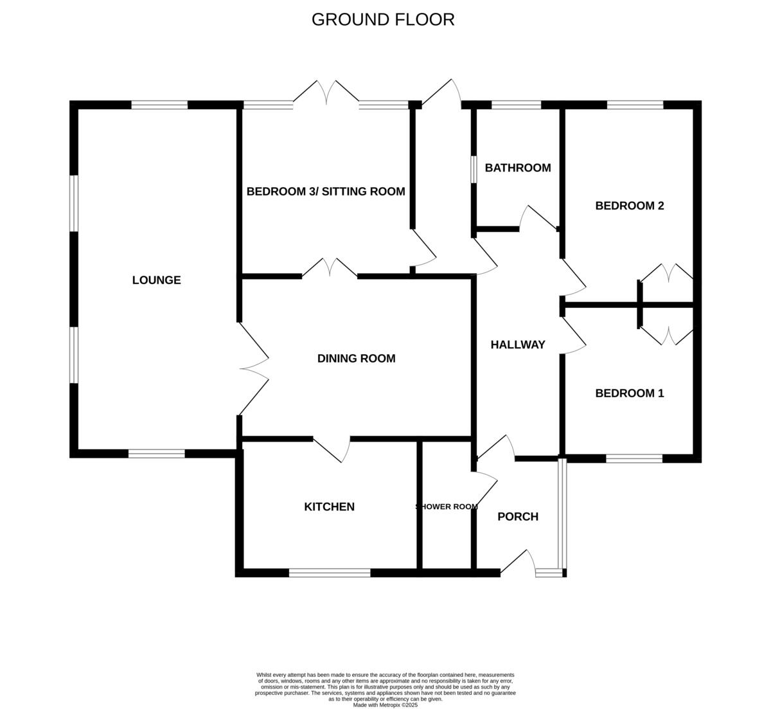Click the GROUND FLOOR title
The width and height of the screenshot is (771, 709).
coord(383,20)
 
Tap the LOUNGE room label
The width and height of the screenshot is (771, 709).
coord(156,280)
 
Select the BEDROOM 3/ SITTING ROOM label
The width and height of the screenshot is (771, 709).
coord(326,192)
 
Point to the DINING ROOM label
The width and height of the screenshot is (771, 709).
coord(356,359)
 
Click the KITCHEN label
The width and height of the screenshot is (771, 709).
coord(329,507)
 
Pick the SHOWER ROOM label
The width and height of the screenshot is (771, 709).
coord(447,507)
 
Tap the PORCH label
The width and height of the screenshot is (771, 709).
coord(518,517)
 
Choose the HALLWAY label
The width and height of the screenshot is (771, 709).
coord(518,345)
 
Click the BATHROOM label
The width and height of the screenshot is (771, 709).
coord(518,168)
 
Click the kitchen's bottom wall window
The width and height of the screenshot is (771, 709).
coord(330,573)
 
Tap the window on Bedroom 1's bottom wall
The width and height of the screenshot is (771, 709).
coord(634,458)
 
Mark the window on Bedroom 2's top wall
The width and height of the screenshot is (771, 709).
coord(635,105)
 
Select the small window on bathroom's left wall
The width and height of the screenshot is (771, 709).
coord(474,169)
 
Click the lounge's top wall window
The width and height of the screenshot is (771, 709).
coord(159,105)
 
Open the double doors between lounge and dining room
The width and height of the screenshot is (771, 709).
coord(254,369)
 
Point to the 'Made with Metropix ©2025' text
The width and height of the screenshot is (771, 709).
coord(385,705)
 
